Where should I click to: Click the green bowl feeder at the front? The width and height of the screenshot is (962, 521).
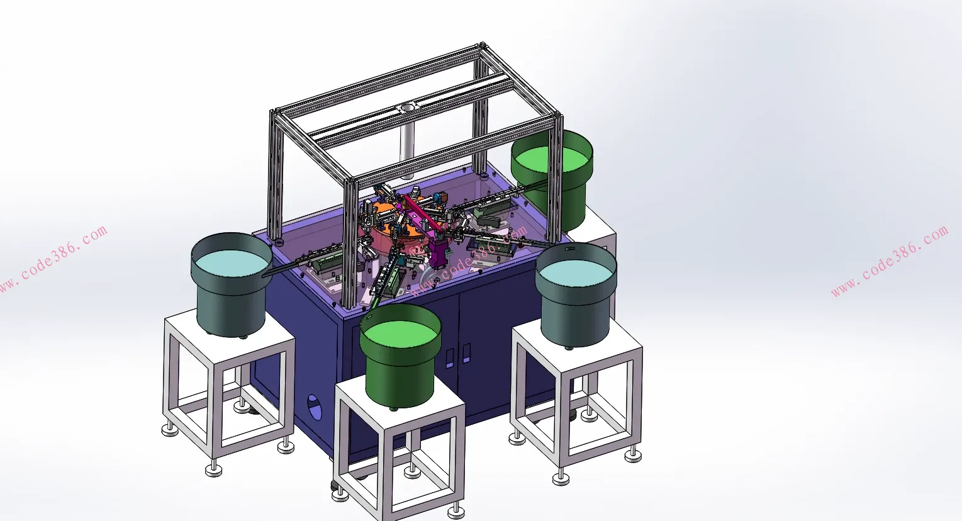tap(400, 357)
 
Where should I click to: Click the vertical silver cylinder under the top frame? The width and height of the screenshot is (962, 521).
tap(406, 150)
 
